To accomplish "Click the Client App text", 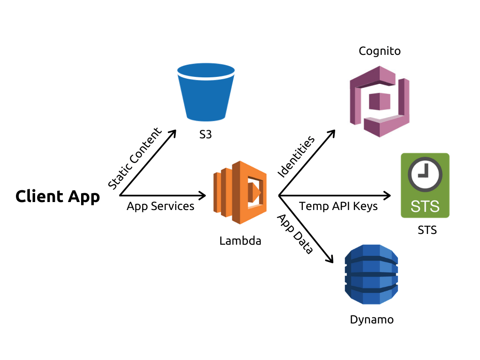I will pos(58,196).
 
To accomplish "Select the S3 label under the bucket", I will pos(205,135).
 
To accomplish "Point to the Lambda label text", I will pos(240,241).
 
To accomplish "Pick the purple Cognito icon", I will pos(380,101).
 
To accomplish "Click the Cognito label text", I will pos(380,51).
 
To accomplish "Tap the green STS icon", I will pos(425,185).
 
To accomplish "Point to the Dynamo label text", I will pos(372,320).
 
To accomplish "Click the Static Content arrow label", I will pos(135,158).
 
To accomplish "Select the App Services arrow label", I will pos(160,206).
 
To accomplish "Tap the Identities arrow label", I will pos(296,157).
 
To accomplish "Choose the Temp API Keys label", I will pos(338,206).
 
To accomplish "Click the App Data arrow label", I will pos(295,234).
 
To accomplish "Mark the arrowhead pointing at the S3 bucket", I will pos(172,133).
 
